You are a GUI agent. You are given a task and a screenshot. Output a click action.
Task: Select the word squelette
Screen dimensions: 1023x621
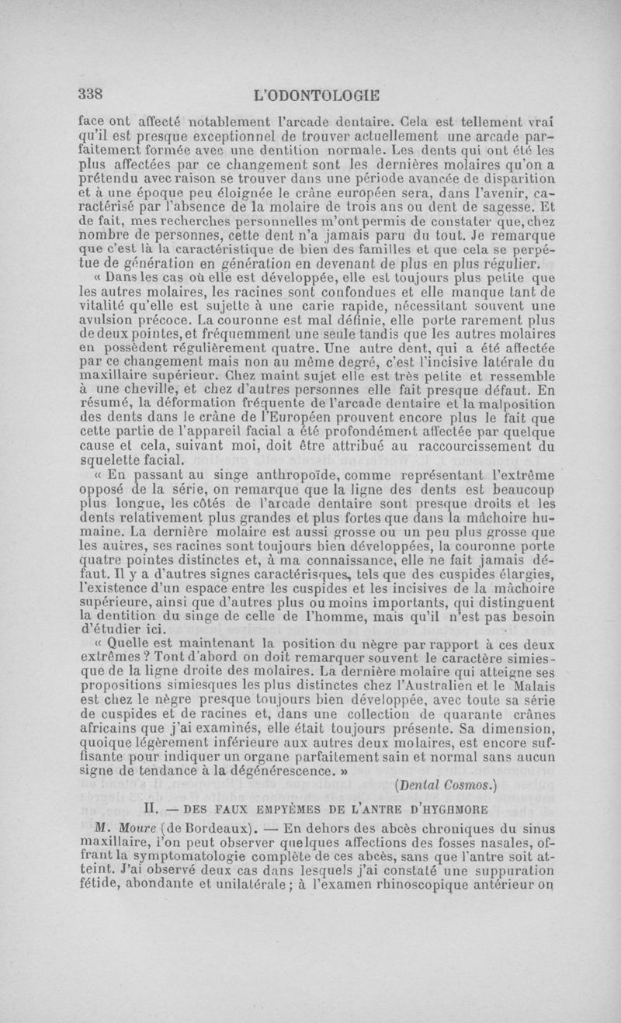(112, 459)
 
